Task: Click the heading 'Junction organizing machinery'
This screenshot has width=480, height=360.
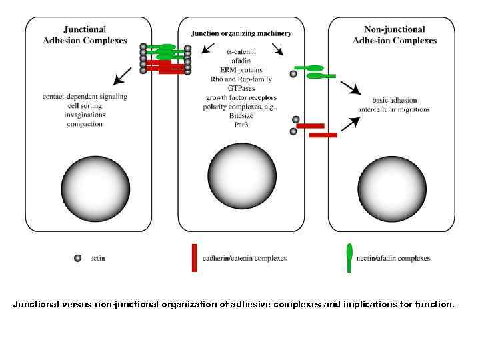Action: coord(241,33)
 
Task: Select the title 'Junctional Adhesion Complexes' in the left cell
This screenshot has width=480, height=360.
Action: coord(94,35)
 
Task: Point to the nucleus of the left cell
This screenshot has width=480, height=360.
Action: coord(95,187)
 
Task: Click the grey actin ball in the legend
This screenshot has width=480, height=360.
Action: coord(78,258)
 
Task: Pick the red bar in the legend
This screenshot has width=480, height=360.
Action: coord(193,258)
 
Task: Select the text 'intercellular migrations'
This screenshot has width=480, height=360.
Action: coord(395,109)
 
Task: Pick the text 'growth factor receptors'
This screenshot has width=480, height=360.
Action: coord(241,97)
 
